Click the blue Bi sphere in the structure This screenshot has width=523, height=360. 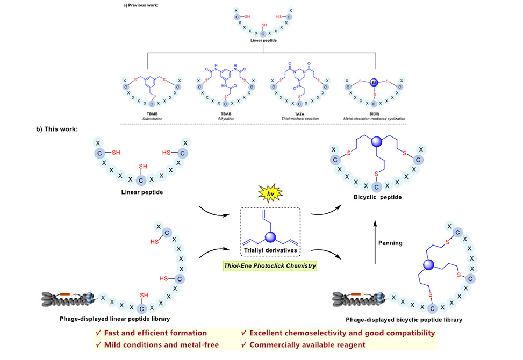point(375,83)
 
